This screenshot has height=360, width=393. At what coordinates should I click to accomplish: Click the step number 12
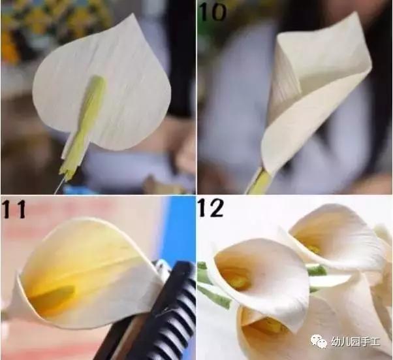pyautogui.click(x=212, y=209)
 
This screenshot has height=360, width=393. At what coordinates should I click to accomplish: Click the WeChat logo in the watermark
pyautogui.click(x=319, y=341)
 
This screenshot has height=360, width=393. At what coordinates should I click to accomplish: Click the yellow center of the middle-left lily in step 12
pyautogui.click(x=239, y=281)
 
